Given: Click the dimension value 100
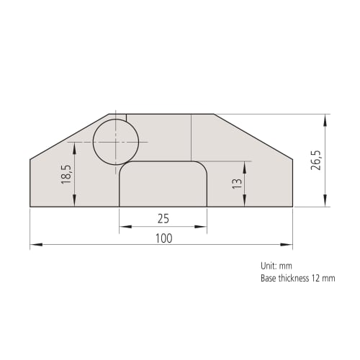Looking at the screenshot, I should (x=163, y=238).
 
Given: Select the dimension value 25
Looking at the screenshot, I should (x=163, y=219).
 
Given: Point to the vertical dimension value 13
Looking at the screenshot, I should (x=236, y=184).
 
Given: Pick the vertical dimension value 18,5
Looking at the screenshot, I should (x=66, y=174).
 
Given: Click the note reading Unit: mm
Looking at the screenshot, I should (x=276, y=266).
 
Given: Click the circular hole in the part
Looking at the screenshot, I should (x=116, y=142).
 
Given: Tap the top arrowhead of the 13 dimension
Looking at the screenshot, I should (x=246, y=166).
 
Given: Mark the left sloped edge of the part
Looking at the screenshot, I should (x=69, y=137).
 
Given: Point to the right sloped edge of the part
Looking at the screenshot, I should (x=253, y=137).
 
